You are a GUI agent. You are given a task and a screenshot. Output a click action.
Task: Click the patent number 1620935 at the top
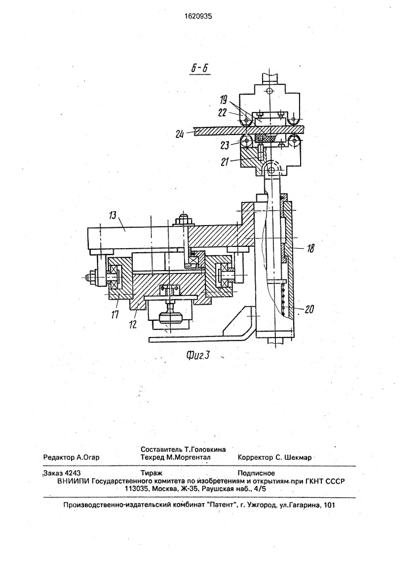(199, 16)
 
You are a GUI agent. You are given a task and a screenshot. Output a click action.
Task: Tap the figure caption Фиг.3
(198, 355)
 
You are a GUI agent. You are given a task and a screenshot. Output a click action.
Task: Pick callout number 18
(311, 248)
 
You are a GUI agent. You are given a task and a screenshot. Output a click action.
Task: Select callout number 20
(309, 310)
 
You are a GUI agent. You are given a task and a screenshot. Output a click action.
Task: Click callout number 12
(133, 324)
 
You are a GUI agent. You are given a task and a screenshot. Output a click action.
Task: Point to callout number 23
(225, 145)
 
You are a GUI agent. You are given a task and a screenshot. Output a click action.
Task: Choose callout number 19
(224, 100)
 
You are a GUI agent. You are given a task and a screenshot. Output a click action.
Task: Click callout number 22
(222, 113)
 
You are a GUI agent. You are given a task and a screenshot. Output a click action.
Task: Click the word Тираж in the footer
(152, 473)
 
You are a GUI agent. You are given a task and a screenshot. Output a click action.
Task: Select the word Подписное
(256, 473)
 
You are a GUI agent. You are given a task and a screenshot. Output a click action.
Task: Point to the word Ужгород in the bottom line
(261, 505)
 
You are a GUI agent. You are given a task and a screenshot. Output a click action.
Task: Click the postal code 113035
(137, 489)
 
